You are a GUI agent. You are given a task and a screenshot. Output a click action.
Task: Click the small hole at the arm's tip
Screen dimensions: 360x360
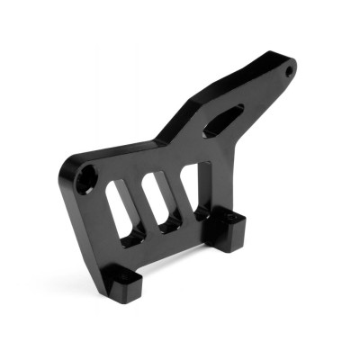pyautogui.click(x=290, y=68)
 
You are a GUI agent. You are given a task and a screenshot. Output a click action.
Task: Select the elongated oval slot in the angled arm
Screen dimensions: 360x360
pyautogui.click(x=224, y=119)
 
